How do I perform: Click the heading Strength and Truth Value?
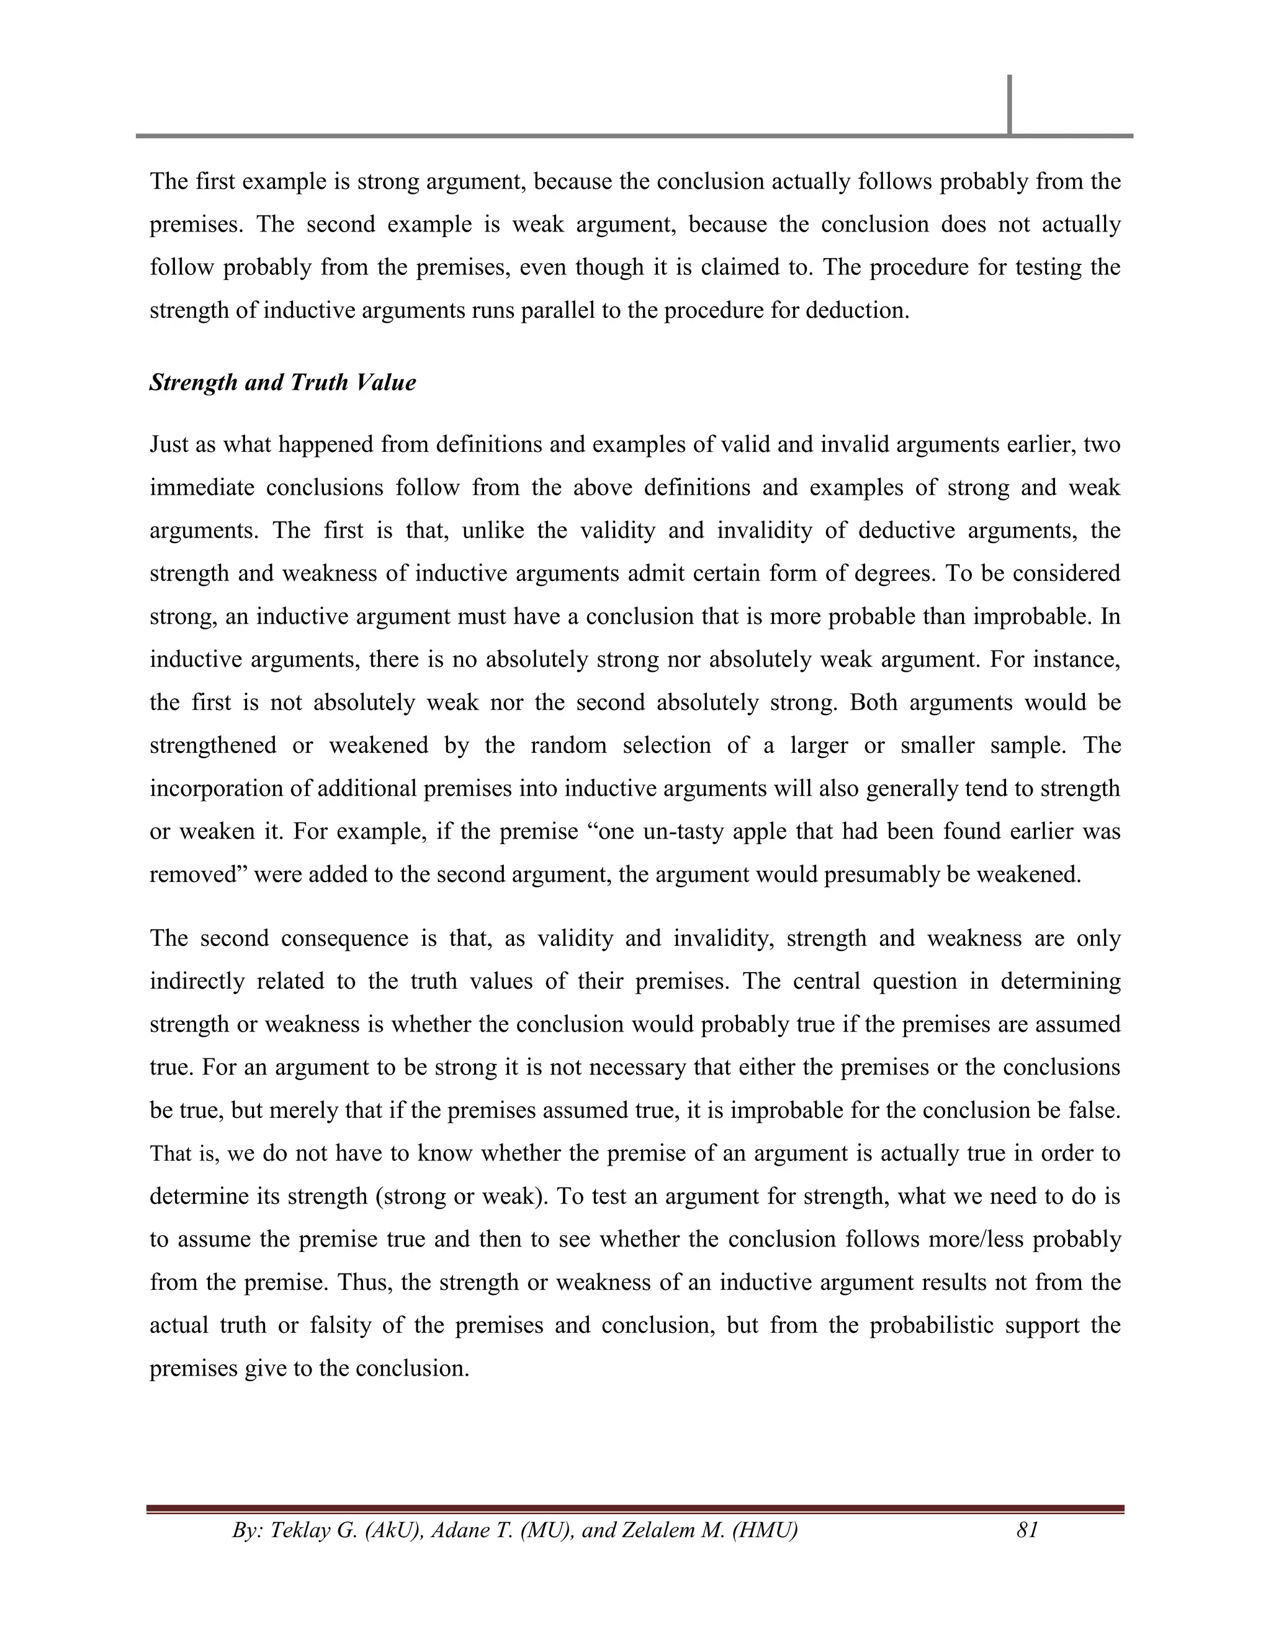(282, 382)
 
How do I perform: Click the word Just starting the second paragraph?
(169, 445)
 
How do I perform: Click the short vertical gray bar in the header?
(1009, 104)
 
